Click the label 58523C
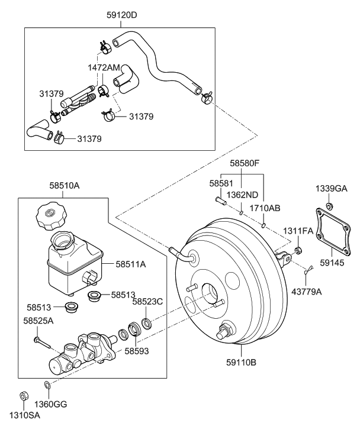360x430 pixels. (147, 301)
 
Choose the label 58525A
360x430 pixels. (38, 320)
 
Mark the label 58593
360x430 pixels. (136, 351)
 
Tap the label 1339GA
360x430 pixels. (332, 189)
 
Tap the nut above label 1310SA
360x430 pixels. (23, 395)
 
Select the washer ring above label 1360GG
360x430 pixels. (47, 386)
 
